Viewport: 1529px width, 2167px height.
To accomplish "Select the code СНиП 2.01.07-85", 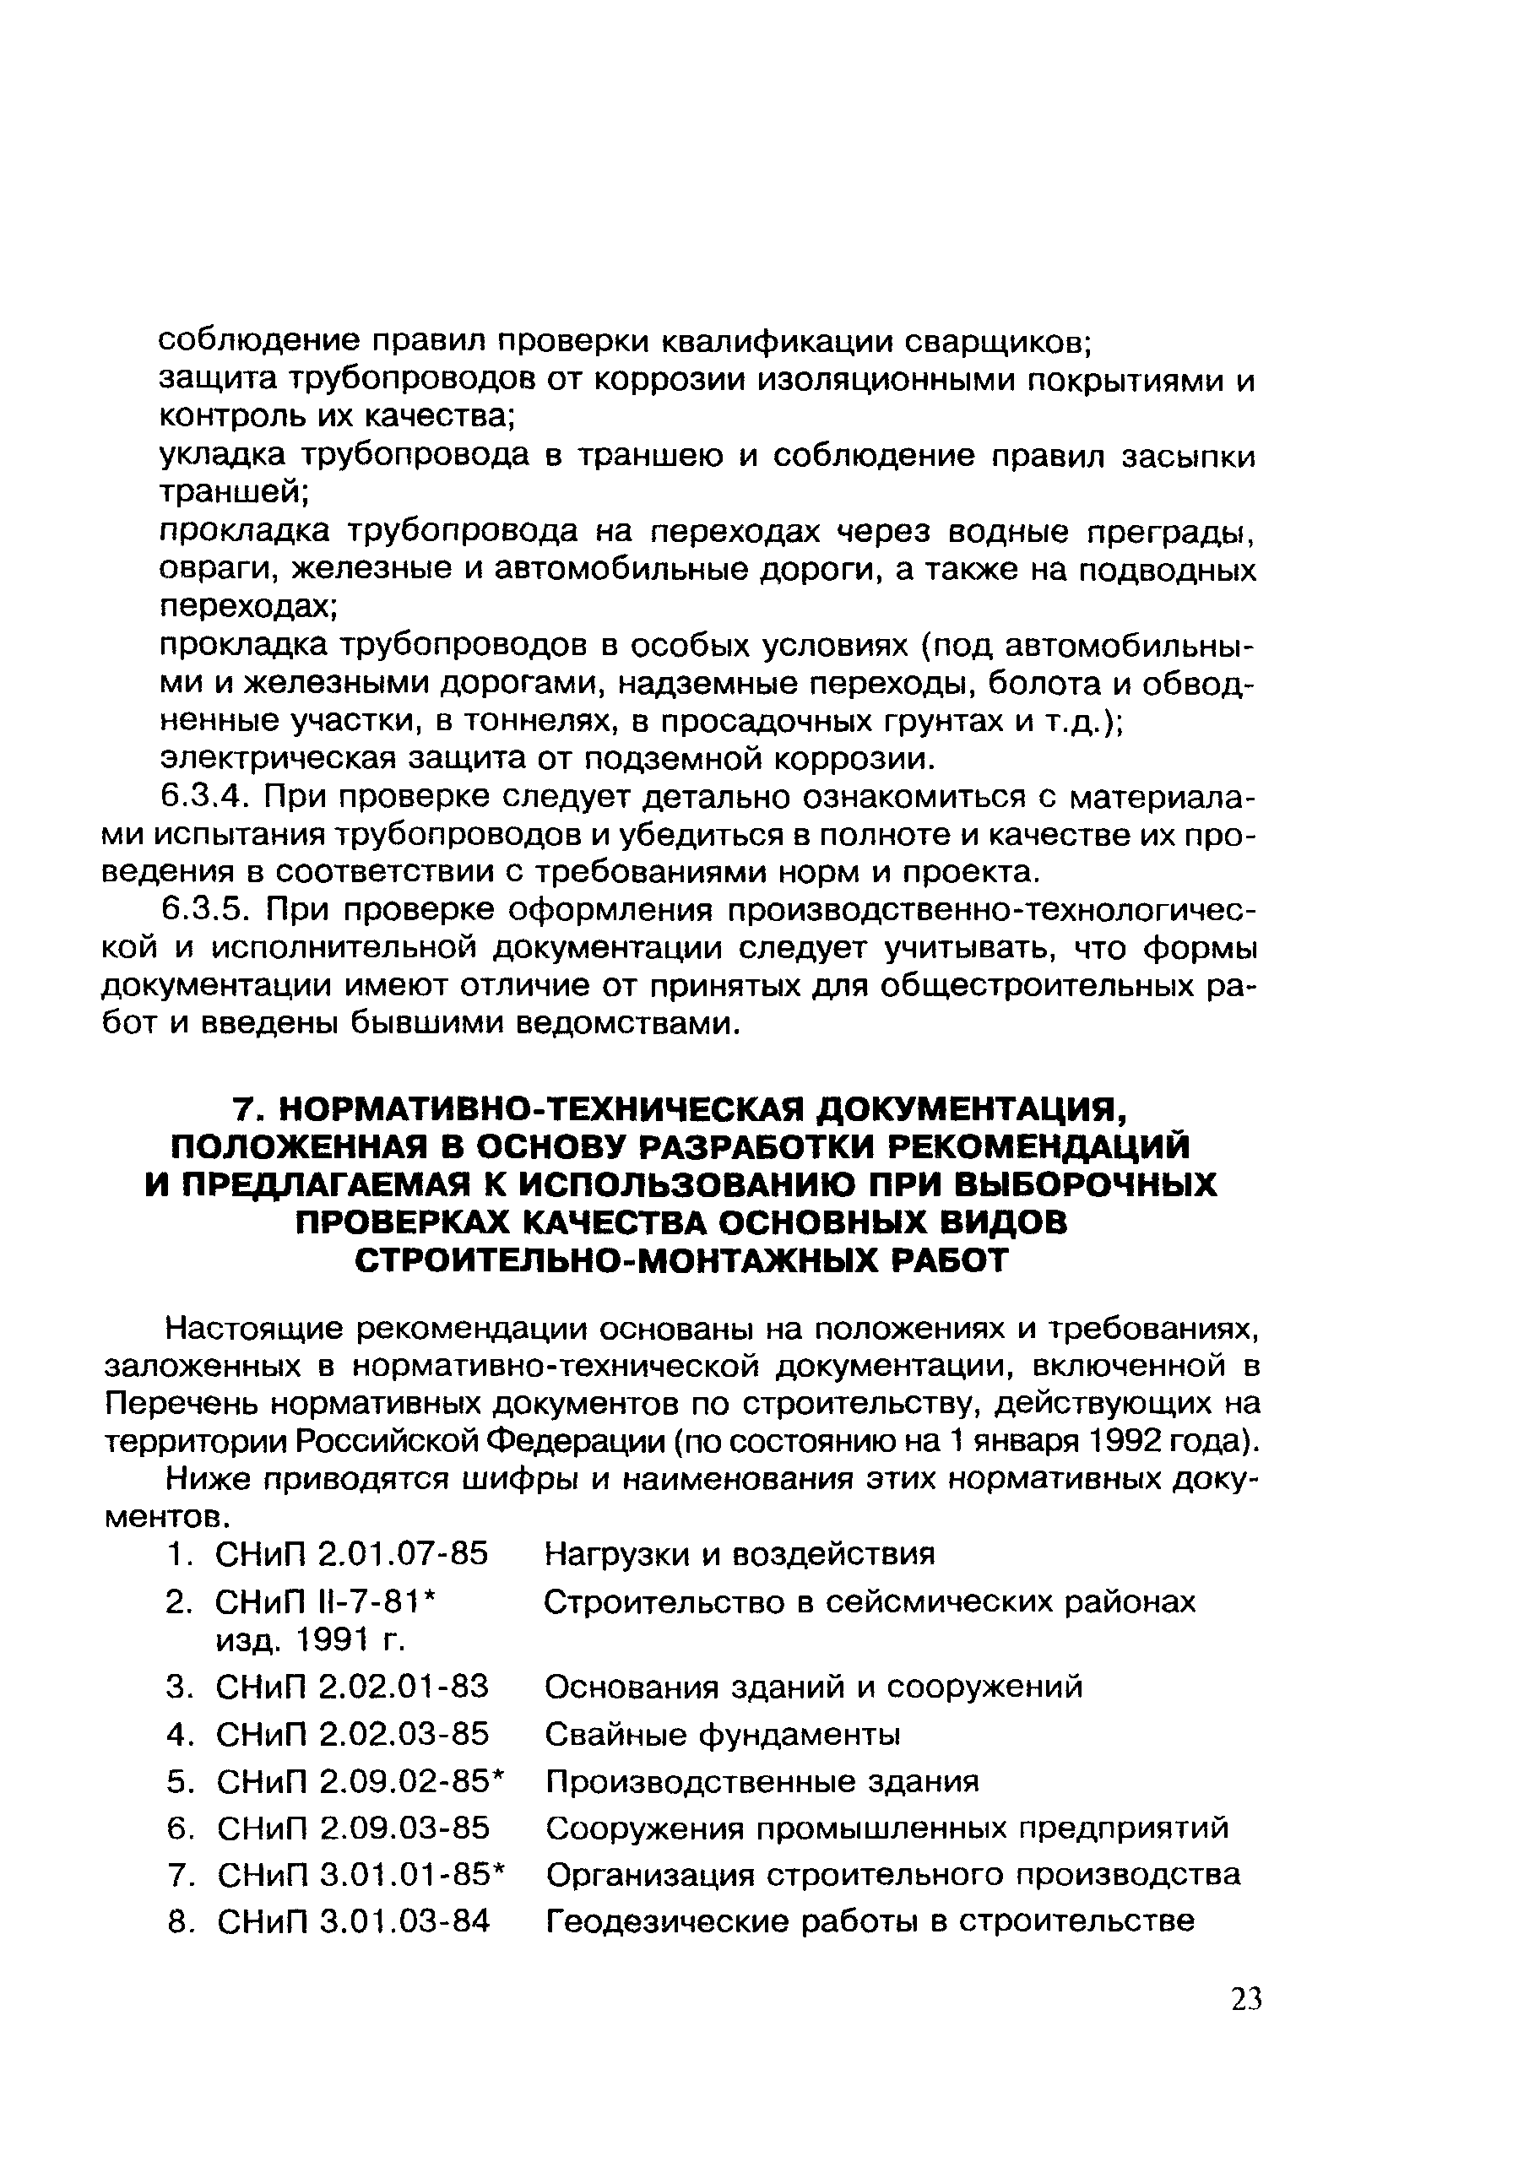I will point(352,1552).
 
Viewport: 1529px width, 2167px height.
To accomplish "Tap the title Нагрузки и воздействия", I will point(740,1552).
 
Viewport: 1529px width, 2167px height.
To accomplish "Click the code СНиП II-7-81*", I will point(328,1601).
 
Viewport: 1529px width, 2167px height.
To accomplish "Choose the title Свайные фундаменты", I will point(723,1734).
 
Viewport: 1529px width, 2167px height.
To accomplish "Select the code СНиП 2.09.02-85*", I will point(361,1781).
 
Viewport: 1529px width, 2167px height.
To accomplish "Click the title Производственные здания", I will point(762,1781).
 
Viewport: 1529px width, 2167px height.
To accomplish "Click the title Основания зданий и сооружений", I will point(814,1687).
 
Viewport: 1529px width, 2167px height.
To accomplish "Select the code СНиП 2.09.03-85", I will point(353,1828).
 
